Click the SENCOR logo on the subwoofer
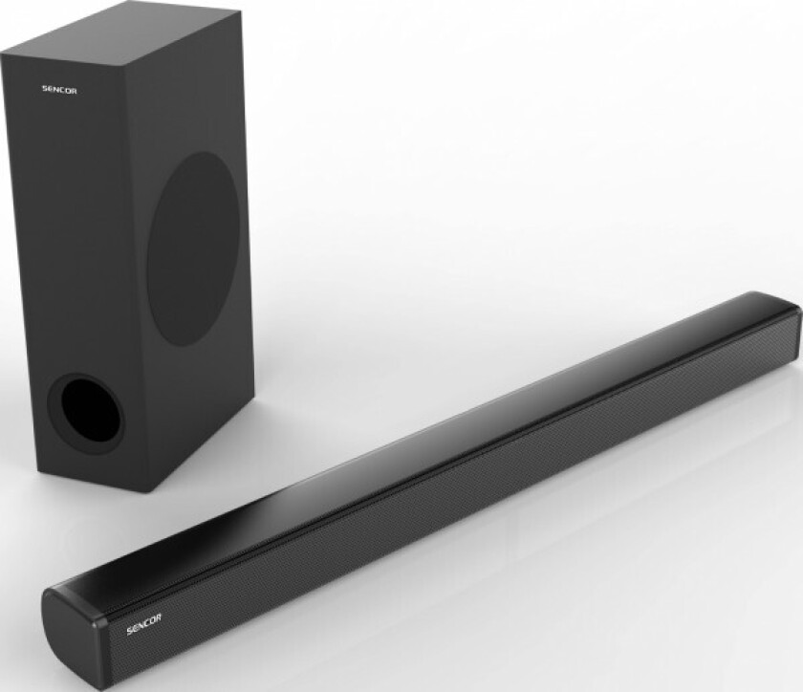[x=59, y=91]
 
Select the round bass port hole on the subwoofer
[x=87, y=413]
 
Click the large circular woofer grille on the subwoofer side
[x=194, y=249]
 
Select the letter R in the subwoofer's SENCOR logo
[x=75, y=91]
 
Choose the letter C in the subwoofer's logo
[x=63, y=91]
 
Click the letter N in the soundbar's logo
[x=140, y=631]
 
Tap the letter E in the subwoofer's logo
[x=50, y=91]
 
